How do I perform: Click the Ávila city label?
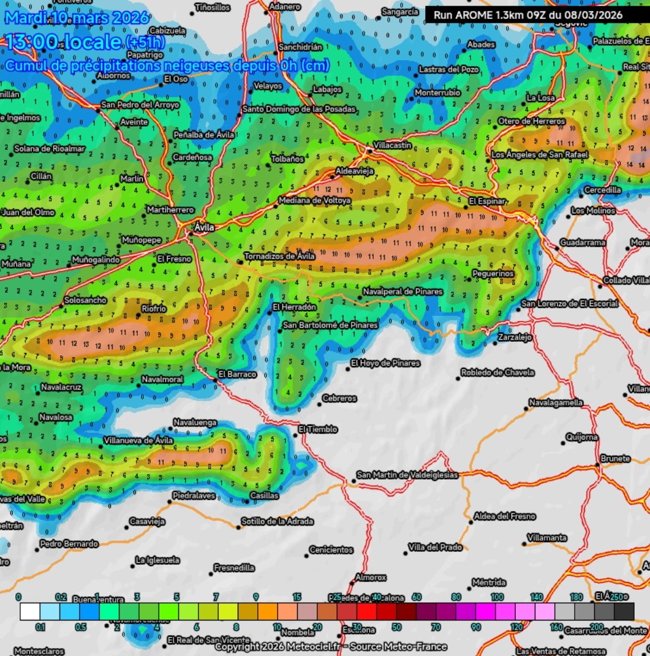point(204,228)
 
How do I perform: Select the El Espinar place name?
point(488,201)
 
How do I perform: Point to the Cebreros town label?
point(339,399)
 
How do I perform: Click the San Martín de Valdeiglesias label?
point(407,475)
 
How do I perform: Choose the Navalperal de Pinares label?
point(402,292)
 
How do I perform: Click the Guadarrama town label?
point(583,243)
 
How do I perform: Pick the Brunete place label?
point(615,459)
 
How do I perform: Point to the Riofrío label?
point(154,309)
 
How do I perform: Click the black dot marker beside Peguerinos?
point(469,279)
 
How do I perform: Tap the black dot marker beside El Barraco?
point(215,380)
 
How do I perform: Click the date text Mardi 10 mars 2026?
point(77,17)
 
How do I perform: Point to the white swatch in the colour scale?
point(30,611)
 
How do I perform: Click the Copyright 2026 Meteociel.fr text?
point(331,647)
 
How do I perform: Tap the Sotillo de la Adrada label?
point(277,521)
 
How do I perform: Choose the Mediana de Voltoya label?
point(314,200)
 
